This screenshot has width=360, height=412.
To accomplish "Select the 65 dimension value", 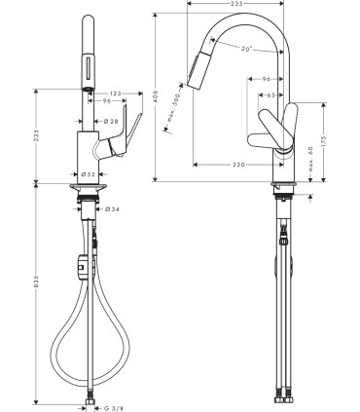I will click(269, 95).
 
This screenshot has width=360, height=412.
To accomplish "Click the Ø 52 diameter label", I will click(87, 173).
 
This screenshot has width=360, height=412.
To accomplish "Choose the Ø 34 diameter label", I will click(111, 208).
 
